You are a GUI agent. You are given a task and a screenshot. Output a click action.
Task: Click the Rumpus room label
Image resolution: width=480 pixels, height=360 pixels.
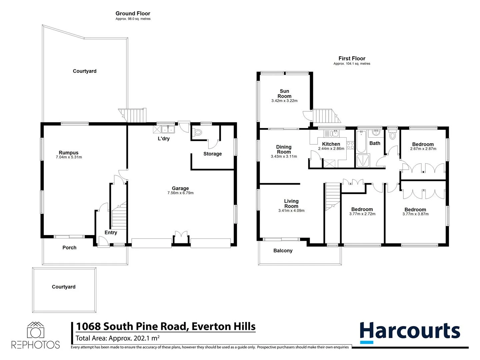point(69,153)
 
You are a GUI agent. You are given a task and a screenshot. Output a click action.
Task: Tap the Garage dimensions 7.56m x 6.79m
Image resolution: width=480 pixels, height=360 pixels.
point(180,193)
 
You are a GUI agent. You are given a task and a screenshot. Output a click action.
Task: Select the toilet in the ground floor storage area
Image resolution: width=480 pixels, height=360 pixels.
point(198,132)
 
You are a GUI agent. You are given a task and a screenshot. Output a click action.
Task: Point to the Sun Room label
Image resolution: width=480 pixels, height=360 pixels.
point(284,94)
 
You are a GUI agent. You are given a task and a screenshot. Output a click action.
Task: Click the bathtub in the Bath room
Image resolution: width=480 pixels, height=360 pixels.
point(361,142)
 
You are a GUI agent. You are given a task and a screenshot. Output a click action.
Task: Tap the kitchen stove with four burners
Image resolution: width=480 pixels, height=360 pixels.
point(350,145)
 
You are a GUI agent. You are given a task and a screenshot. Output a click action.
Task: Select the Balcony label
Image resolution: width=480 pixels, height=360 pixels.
point(283,251)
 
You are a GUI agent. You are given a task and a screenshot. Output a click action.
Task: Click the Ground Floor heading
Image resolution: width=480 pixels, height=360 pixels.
point(133,14)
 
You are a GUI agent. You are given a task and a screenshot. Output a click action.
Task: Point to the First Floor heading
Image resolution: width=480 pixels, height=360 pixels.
point(352,59)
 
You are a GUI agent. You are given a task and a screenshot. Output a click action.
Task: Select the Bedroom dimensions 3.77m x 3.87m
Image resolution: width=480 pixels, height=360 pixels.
point(415,214)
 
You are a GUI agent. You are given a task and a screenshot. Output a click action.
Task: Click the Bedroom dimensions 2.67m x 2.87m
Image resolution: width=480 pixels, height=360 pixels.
point(423,149)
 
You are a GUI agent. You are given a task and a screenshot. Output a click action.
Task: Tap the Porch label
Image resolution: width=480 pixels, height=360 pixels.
point(69,248)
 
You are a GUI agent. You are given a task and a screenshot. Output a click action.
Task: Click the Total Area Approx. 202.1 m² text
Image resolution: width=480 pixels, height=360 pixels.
point(117,338)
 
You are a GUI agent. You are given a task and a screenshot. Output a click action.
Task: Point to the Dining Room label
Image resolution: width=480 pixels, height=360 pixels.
point(284,149)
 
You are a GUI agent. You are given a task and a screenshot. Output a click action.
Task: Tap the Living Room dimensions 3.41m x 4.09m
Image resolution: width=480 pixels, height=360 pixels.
point(291,211)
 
